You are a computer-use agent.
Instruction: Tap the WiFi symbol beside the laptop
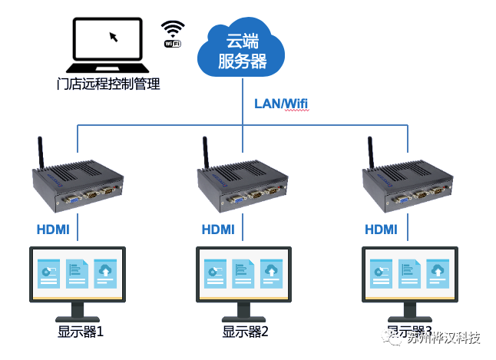174,34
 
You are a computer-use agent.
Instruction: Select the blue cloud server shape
242,52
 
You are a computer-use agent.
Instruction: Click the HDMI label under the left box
53,229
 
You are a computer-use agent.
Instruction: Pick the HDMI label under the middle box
218,229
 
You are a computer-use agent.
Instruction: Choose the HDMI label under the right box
381,229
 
